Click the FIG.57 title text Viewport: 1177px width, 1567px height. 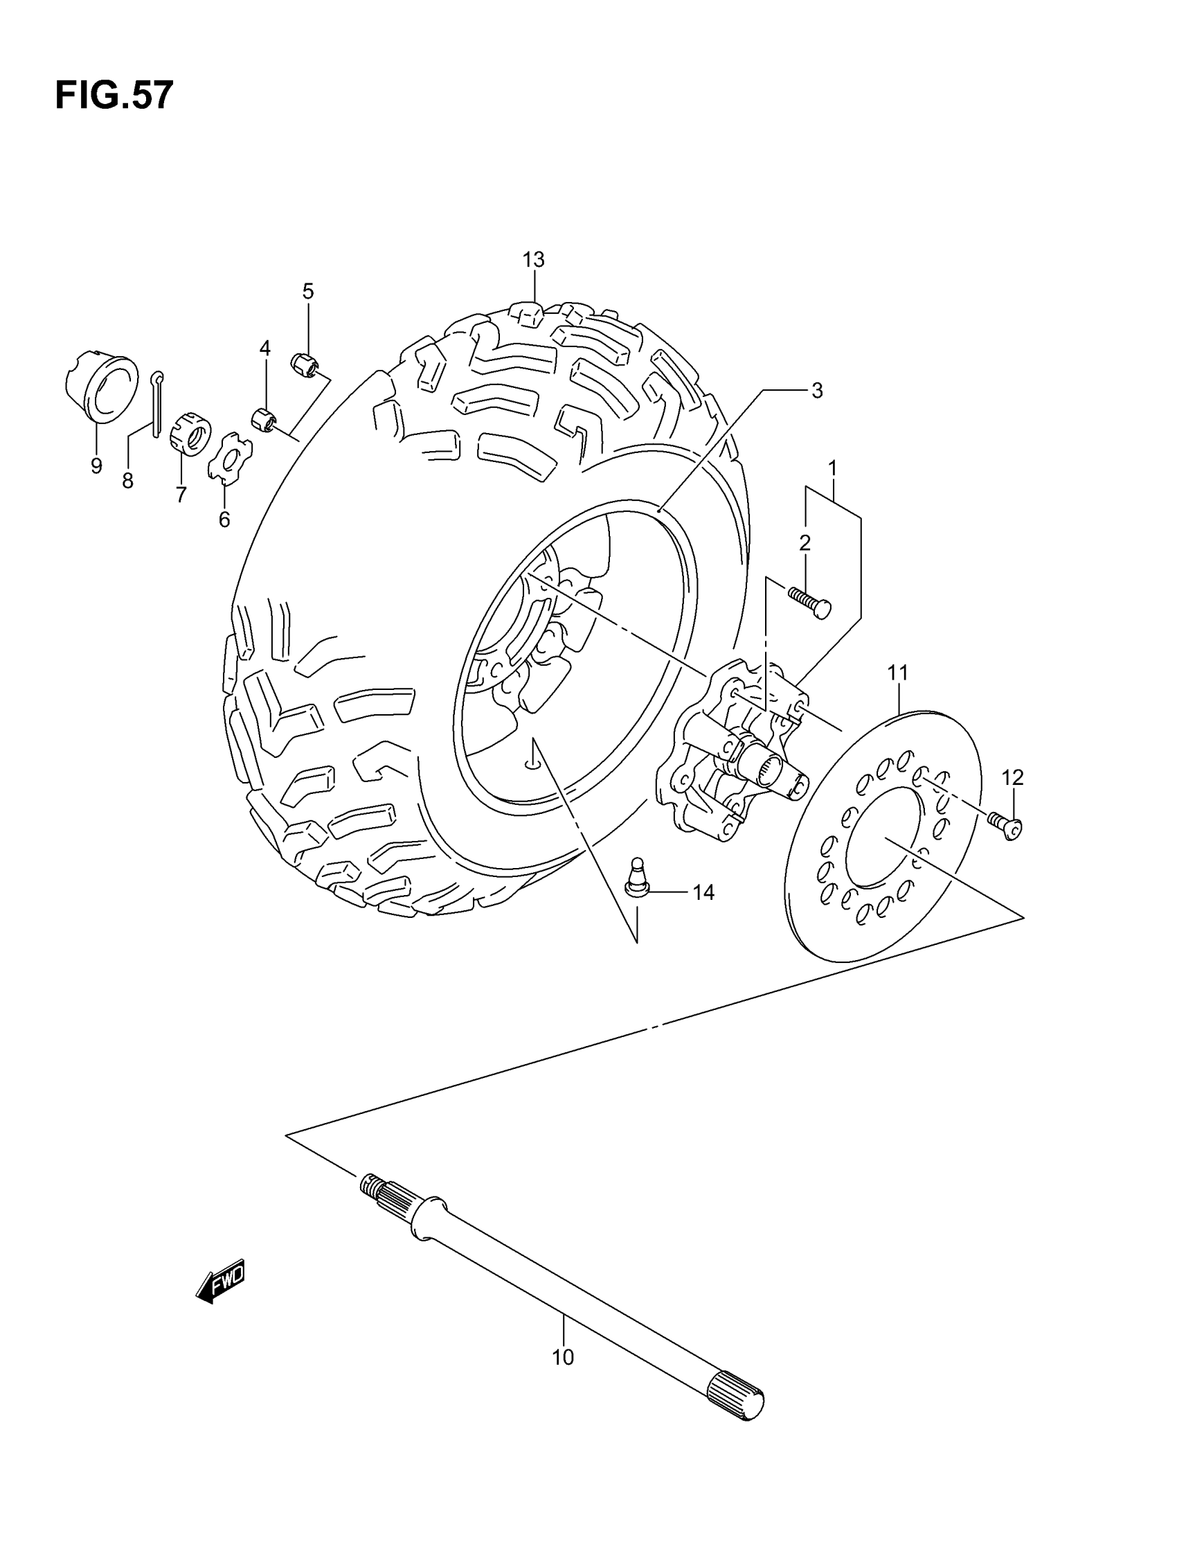point(114,95)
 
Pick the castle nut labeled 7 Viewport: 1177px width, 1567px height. point(191,431)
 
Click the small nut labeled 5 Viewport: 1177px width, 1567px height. point(305,363)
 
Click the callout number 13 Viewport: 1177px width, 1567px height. point(533,260)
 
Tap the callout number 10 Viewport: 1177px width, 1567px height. point(563,1357)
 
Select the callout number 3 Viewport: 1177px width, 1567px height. point(816,390)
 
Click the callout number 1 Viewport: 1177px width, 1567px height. point(833,468)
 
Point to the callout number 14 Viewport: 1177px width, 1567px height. point(703,892)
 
